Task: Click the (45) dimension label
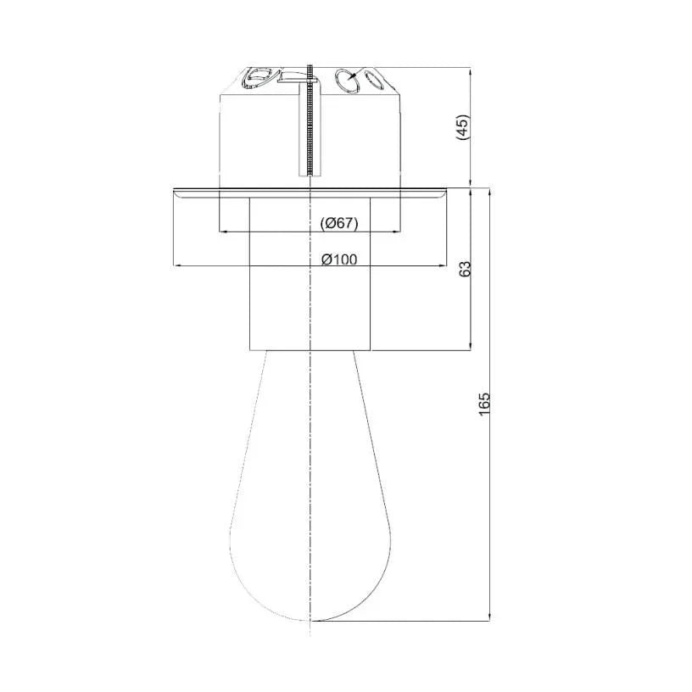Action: point(463,127)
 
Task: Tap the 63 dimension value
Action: point(466,269)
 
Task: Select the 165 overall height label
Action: point(484,404)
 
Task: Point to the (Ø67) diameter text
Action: point(339,223)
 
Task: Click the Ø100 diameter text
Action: point(339,259)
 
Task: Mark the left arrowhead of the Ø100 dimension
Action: point(178,265)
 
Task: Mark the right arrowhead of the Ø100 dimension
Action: point(441,265)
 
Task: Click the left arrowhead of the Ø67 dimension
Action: point(225,231)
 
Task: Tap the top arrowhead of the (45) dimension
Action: point(471,72)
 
